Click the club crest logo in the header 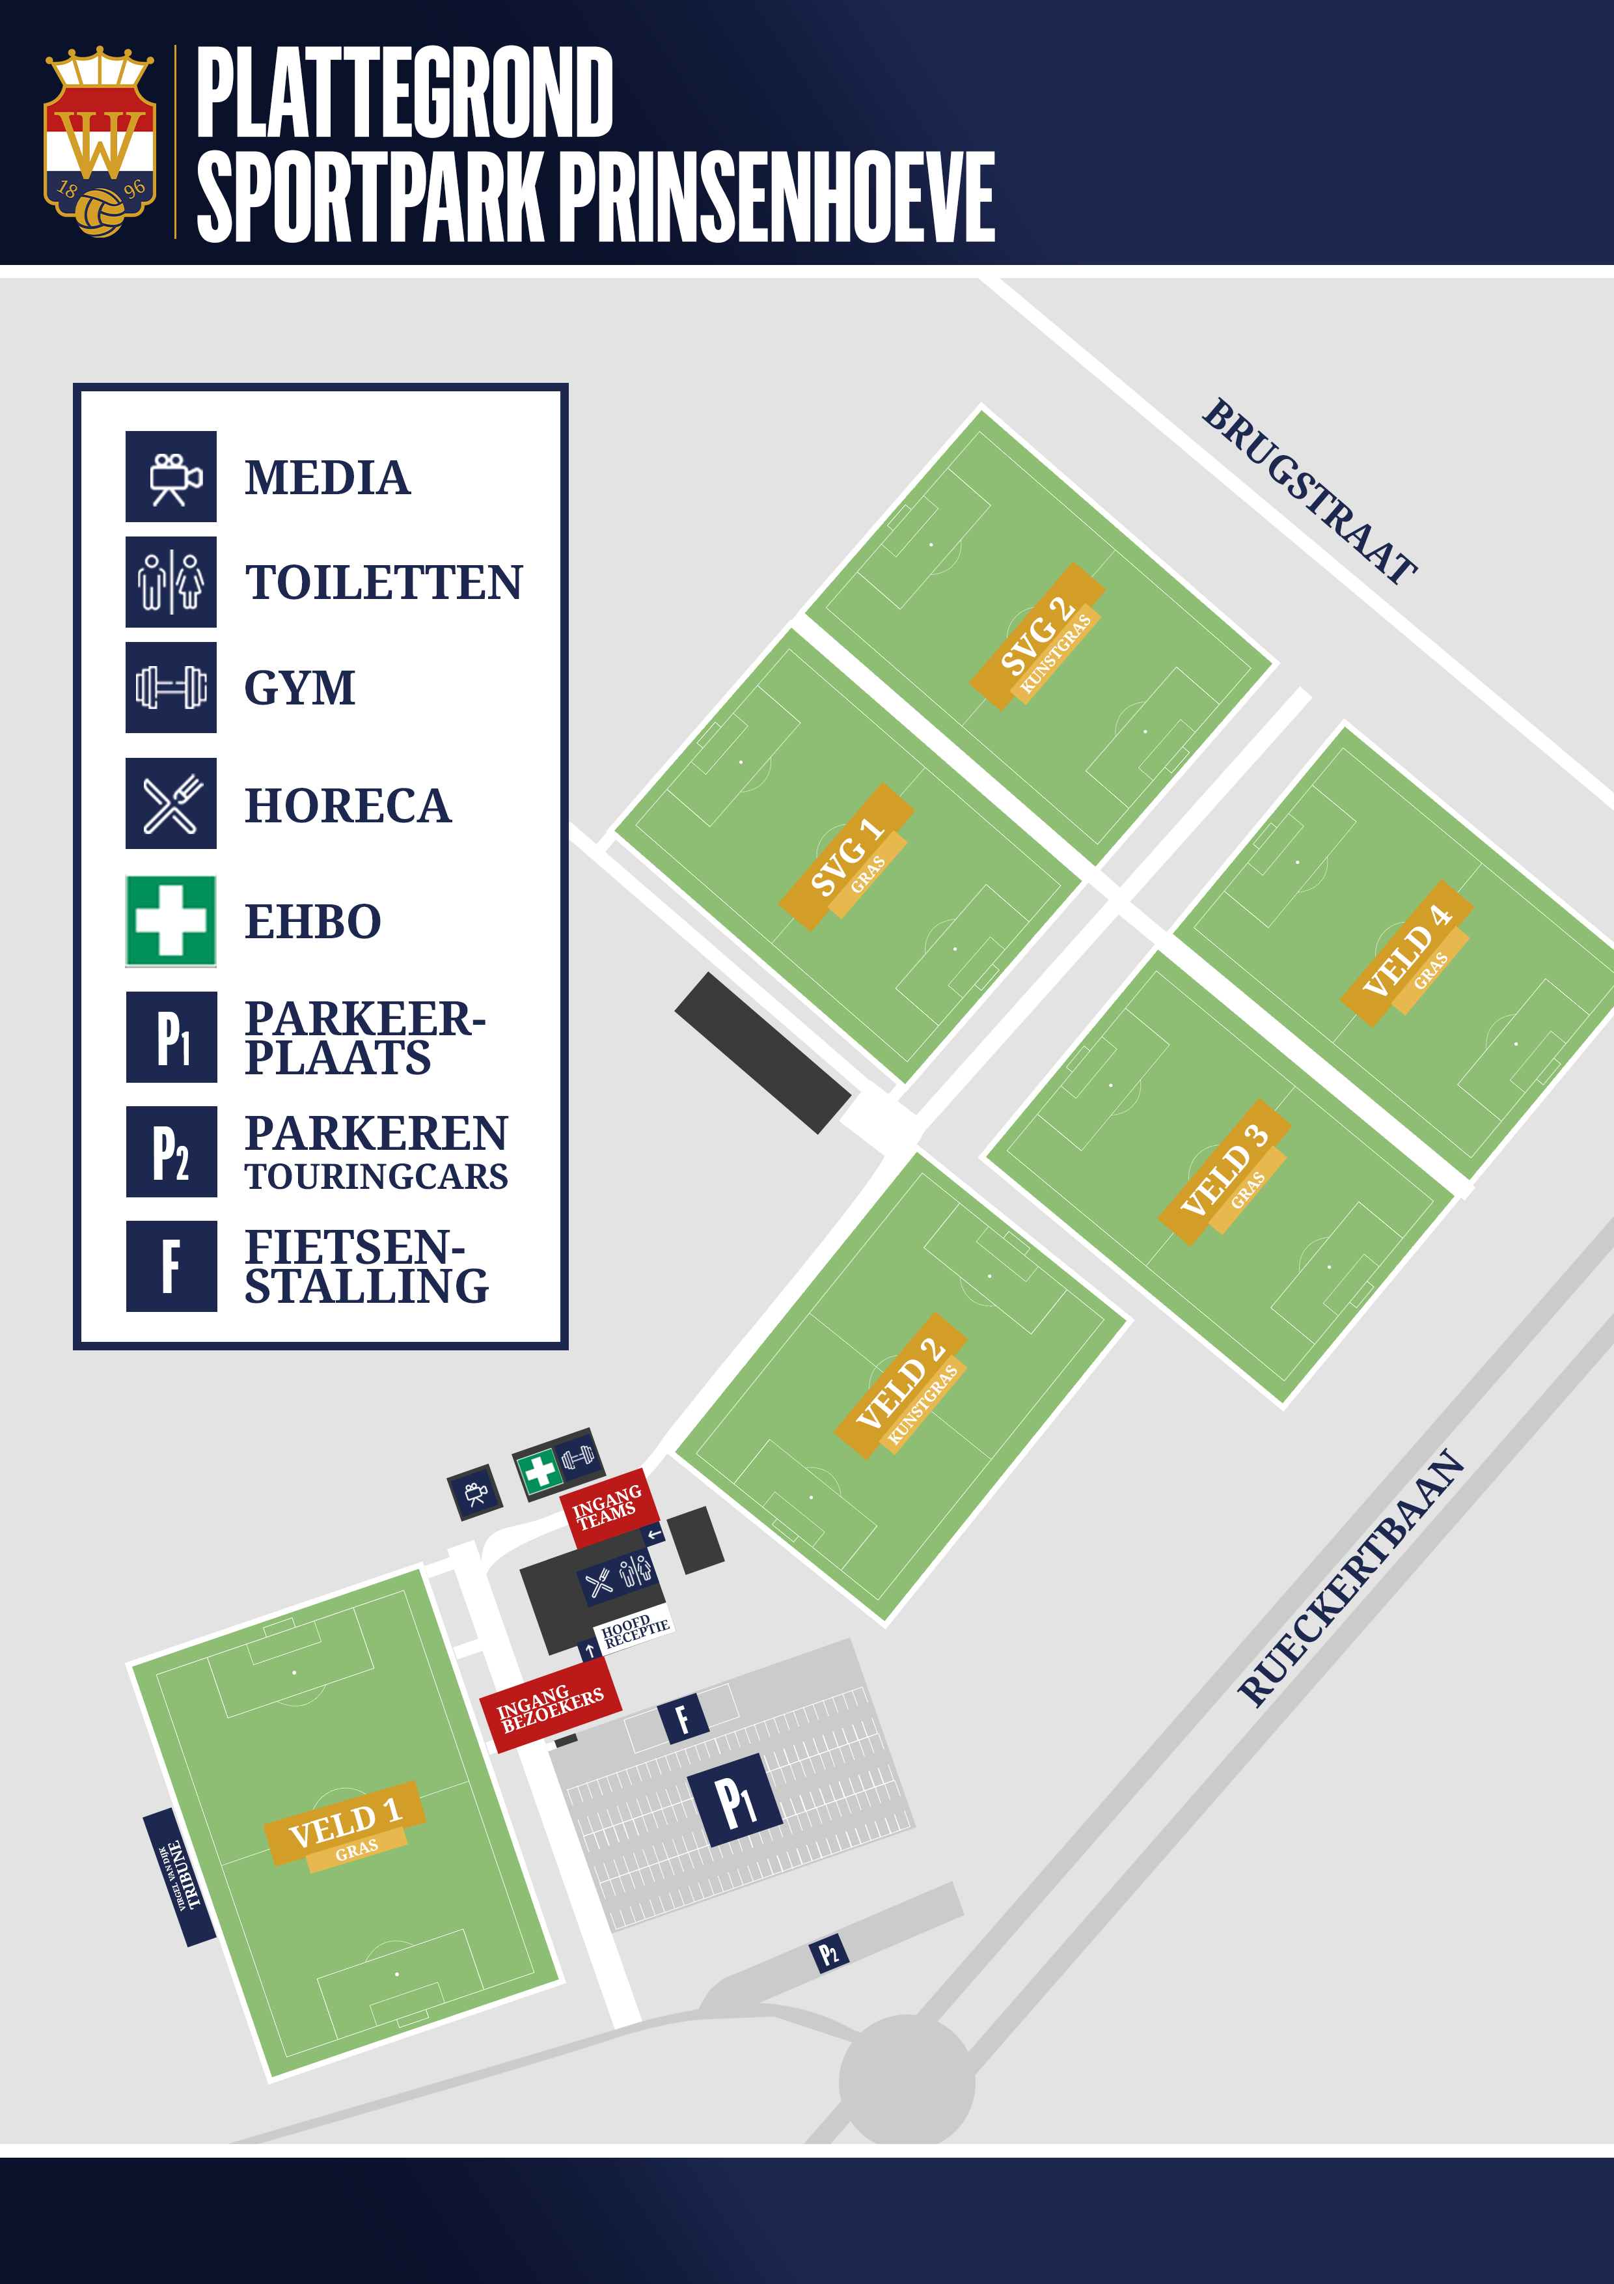(100, 142)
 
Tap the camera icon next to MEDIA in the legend (171, 477)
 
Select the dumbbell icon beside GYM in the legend (171, 688)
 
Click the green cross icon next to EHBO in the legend (171, 921)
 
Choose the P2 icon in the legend (171, 1152)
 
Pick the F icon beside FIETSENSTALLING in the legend (171, 1266)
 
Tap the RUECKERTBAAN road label (1350, 1579)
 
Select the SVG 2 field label (1037, 635)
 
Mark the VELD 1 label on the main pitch (345, 1824)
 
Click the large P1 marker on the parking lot (735, 1800)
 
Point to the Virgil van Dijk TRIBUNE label (180, 1876)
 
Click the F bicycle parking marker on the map (682, 1718)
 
